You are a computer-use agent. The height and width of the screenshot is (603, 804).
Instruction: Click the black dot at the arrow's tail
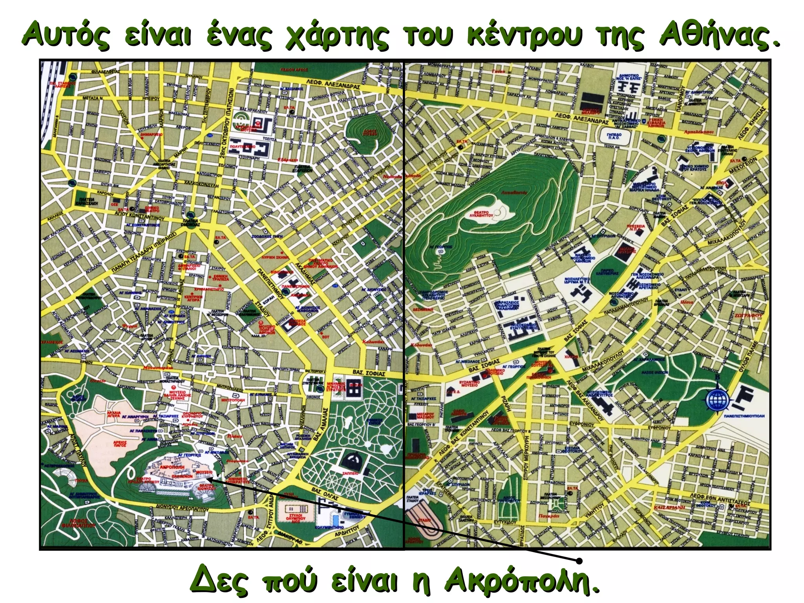click(x=579, y=560)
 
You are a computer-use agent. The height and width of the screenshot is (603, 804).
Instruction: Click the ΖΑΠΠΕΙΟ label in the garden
click(x=351, y=474)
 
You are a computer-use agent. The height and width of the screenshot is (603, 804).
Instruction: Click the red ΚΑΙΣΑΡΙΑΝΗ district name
click(x=669, y=508)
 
